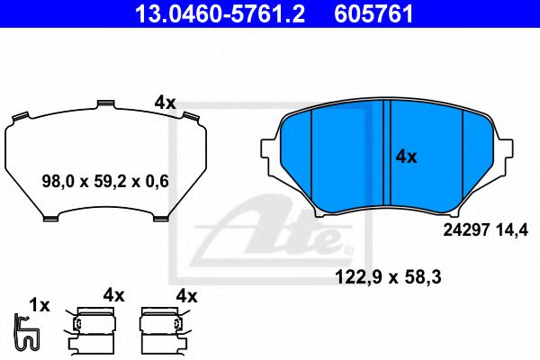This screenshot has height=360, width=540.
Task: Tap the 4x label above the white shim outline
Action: click(164, 103)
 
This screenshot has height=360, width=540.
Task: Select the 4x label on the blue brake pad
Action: click(406, 157)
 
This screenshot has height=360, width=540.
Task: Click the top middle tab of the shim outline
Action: click(104, 105)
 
